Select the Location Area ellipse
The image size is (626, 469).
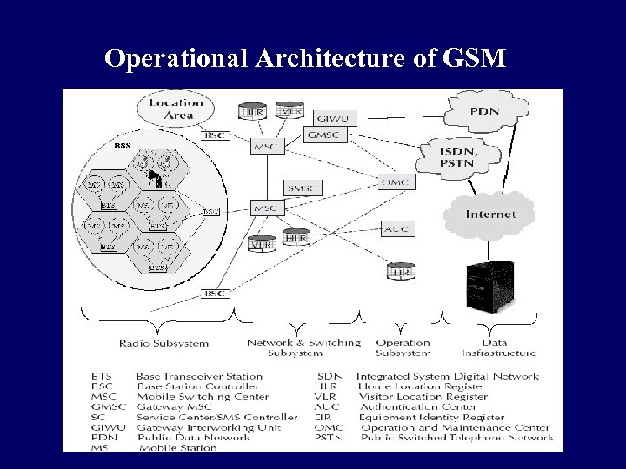[x=176, y=109]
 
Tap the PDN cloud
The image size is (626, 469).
[x=484, y=112]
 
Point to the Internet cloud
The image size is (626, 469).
[x=490, y=214]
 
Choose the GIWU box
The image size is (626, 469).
[x=333, y=118]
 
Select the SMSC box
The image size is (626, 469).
[x=303, y=188]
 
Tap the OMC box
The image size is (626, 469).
[x=396, y=182]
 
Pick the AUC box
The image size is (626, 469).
[x=396, y=228]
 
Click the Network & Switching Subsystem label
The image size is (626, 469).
[x=303, y=347]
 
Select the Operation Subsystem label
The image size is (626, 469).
[x=403, y=347]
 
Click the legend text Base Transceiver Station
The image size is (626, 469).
[x=199, y=377]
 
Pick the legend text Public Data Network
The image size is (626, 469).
[x=192, y=437]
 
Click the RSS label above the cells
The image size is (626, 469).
[x=123, y=147]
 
